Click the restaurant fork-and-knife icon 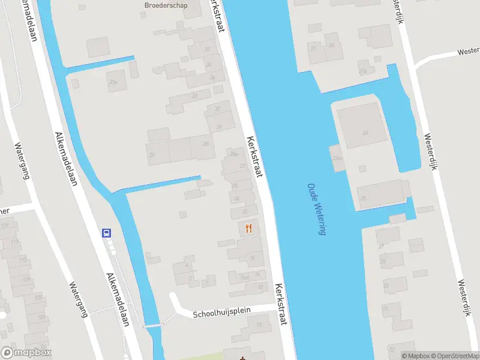coord(248,228)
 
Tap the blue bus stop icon coord(107,233)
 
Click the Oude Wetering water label coord(316,209)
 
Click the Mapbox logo coord(26,353)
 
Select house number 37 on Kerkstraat coord(208,49)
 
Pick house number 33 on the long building coord(194,95)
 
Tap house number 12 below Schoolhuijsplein coord(259,325)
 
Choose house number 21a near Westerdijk coord(362,71)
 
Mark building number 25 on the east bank coord(362,197)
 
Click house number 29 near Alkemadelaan coord(152,155)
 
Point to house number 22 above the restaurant coord(245,211)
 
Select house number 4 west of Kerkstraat coord(187,265)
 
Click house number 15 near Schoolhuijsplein coord(259,287)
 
